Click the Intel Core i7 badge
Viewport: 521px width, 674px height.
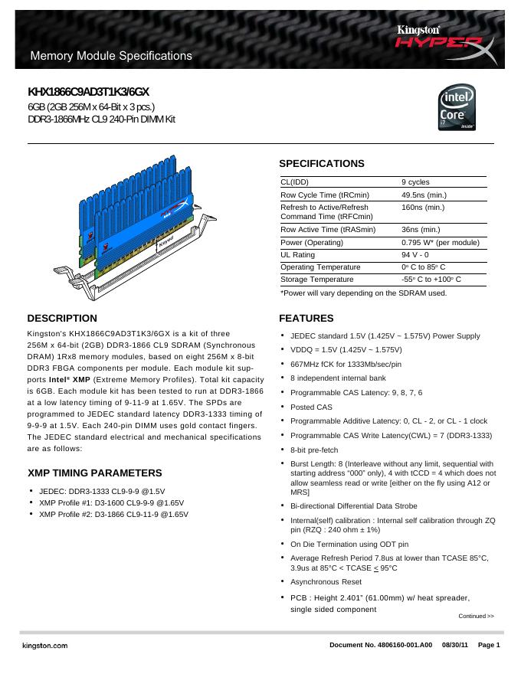point(459,110)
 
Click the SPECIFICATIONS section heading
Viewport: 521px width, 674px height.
point(321,164)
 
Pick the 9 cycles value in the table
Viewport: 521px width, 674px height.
point(415,182)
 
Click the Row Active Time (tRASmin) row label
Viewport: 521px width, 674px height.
point(328,229)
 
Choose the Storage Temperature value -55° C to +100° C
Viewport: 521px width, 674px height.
point(431,280)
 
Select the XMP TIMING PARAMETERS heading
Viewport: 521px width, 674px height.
point(94,473)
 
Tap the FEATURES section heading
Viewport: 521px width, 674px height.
point(306,318)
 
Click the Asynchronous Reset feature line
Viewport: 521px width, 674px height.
point(326,582)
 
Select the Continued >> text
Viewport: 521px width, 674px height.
point(476,616)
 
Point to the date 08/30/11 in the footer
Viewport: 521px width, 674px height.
point(455,646)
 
